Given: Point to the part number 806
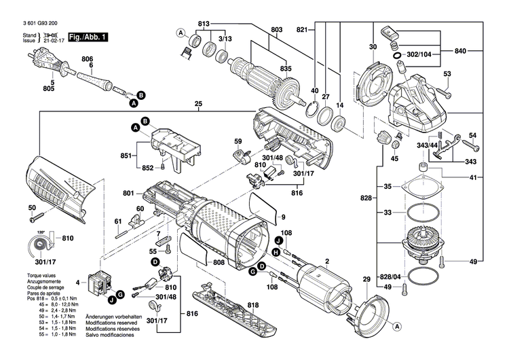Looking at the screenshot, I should pos(87,60).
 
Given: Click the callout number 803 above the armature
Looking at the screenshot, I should pos(276,29).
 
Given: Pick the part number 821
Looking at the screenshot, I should pos(302,29).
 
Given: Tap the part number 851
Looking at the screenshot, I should pos(126,156).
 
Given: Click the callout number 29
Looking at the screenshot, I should pos(366,280).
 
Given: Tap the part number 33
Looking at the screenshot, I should pos(388,213).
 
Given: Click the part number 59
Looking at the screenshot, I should pos(238,141).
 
